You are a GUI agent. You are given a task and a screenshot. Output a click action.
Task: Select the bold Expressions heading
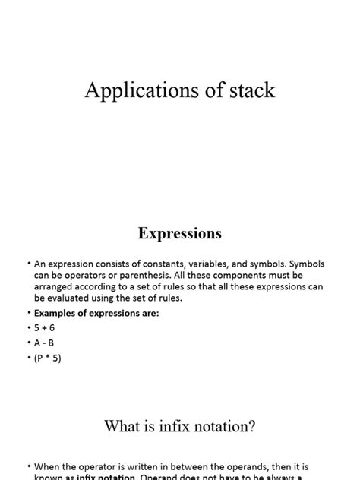click(x=180, y=233)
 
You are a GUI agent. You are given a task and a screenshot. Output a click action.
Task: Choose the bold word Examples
click(x=58, y=314)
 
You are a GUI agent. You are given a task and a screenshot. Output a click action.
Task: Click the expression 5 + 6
click(x=44, y=328)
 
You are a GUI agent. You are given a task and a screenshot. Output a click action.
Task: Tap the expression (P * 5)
click(x=48, y=357)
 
